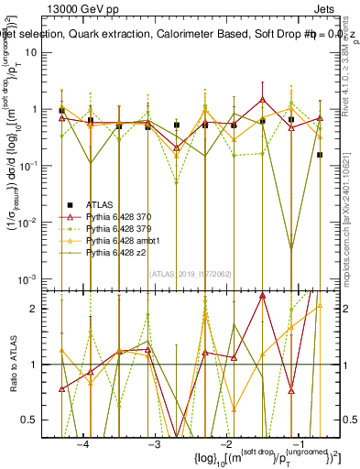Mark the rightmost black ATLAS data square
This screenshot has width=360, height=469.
[320, 155]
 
